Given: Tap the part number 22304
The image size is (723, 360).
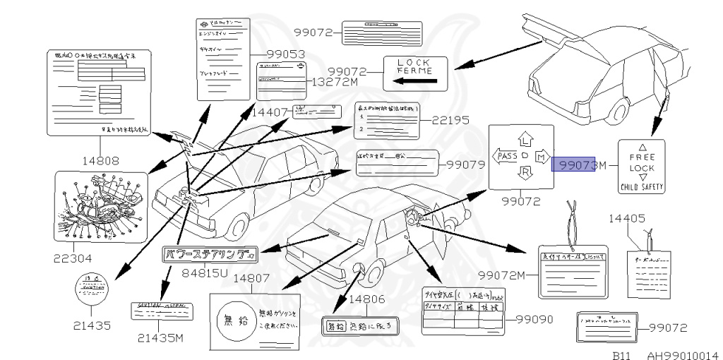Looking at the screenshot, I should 73,258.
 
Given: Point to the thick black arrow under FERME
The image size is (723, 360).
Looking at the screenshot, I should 413,81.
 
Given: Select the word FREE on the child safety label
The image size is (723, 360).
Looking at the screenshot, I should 642,157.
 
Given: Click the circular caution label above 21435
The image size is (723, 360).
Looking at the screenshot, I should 93,287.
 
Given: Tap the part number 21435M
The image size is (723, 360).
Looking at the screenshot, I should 160,337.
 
